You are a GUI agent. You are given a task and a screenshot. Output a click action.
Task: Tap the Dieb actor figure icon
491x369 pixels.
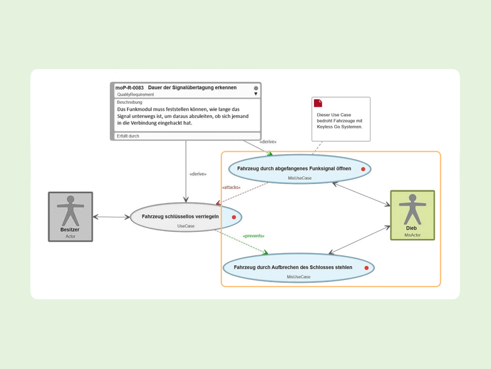[x=412, y=209]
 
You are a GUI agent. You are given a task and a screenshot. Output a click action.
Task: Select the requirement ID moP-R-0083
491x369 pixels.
[x=129, y=88]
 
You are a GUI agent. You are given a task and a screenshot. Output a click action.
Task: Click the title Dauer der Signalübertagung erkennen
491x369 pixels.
[x=192, y=88]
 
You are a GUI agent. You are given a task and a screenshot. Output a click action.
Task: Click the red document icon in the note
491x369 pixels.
[x=318, y=103]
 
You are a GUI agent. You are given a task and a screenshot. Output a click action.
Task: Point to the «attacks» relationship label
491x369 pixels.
[x=231, y=187]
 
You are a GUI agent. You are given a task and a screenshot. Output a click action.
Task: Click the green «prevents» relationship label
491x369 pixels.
[x=253, y=236]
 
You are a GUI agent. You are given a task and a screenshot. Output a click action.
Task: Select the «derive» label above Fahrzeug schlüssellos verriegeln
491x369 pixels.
[x=198, y=174]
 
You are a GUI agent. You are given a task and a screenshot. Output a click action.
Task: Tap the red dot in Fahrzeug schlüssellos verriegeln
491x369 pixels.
[x=234, y=217]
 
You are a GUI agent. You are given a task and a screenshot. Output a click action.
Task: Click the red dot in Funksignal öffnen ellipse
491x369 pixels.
[x=363, y=169]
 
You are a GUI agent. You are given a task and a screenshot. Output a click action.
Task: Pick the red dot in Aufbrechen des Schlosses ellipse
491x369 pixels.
[x=366, y=268]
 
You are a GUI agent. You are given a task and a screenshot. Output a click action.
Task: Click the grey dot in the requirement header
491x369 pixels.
[x=255, y=88]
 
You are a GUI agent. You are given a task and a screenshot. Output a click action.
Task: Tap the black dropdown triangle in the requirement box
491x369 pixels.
[x=255, y=94]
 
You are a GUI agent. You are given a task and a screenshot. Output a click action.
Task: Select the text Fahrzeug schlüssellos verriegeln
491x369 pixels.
[x=180, y=217]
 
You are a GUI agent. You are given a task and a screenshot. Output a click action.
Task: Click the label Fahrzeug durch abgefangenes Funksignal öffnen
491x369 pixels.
[x=294, y=169]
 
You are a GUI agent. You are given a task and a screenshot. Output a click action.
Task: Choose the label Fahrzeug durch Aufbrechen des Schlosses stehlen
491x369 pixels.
[x=293, y=268]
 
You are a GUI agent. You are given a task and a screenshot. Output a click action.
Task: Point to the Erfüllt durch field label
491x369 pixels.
[x=128, y=136]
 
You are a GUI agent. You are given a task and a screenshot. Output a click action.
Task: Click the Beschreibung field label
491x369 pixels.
[x=129, y=102]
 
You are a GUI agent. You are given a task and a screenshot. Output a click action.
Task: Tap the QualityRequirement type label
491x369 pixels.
[x=136, y=94]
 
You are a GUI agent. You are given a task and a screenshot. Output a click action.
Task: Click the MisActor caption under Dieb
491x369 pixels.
[x=412, y=235]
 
